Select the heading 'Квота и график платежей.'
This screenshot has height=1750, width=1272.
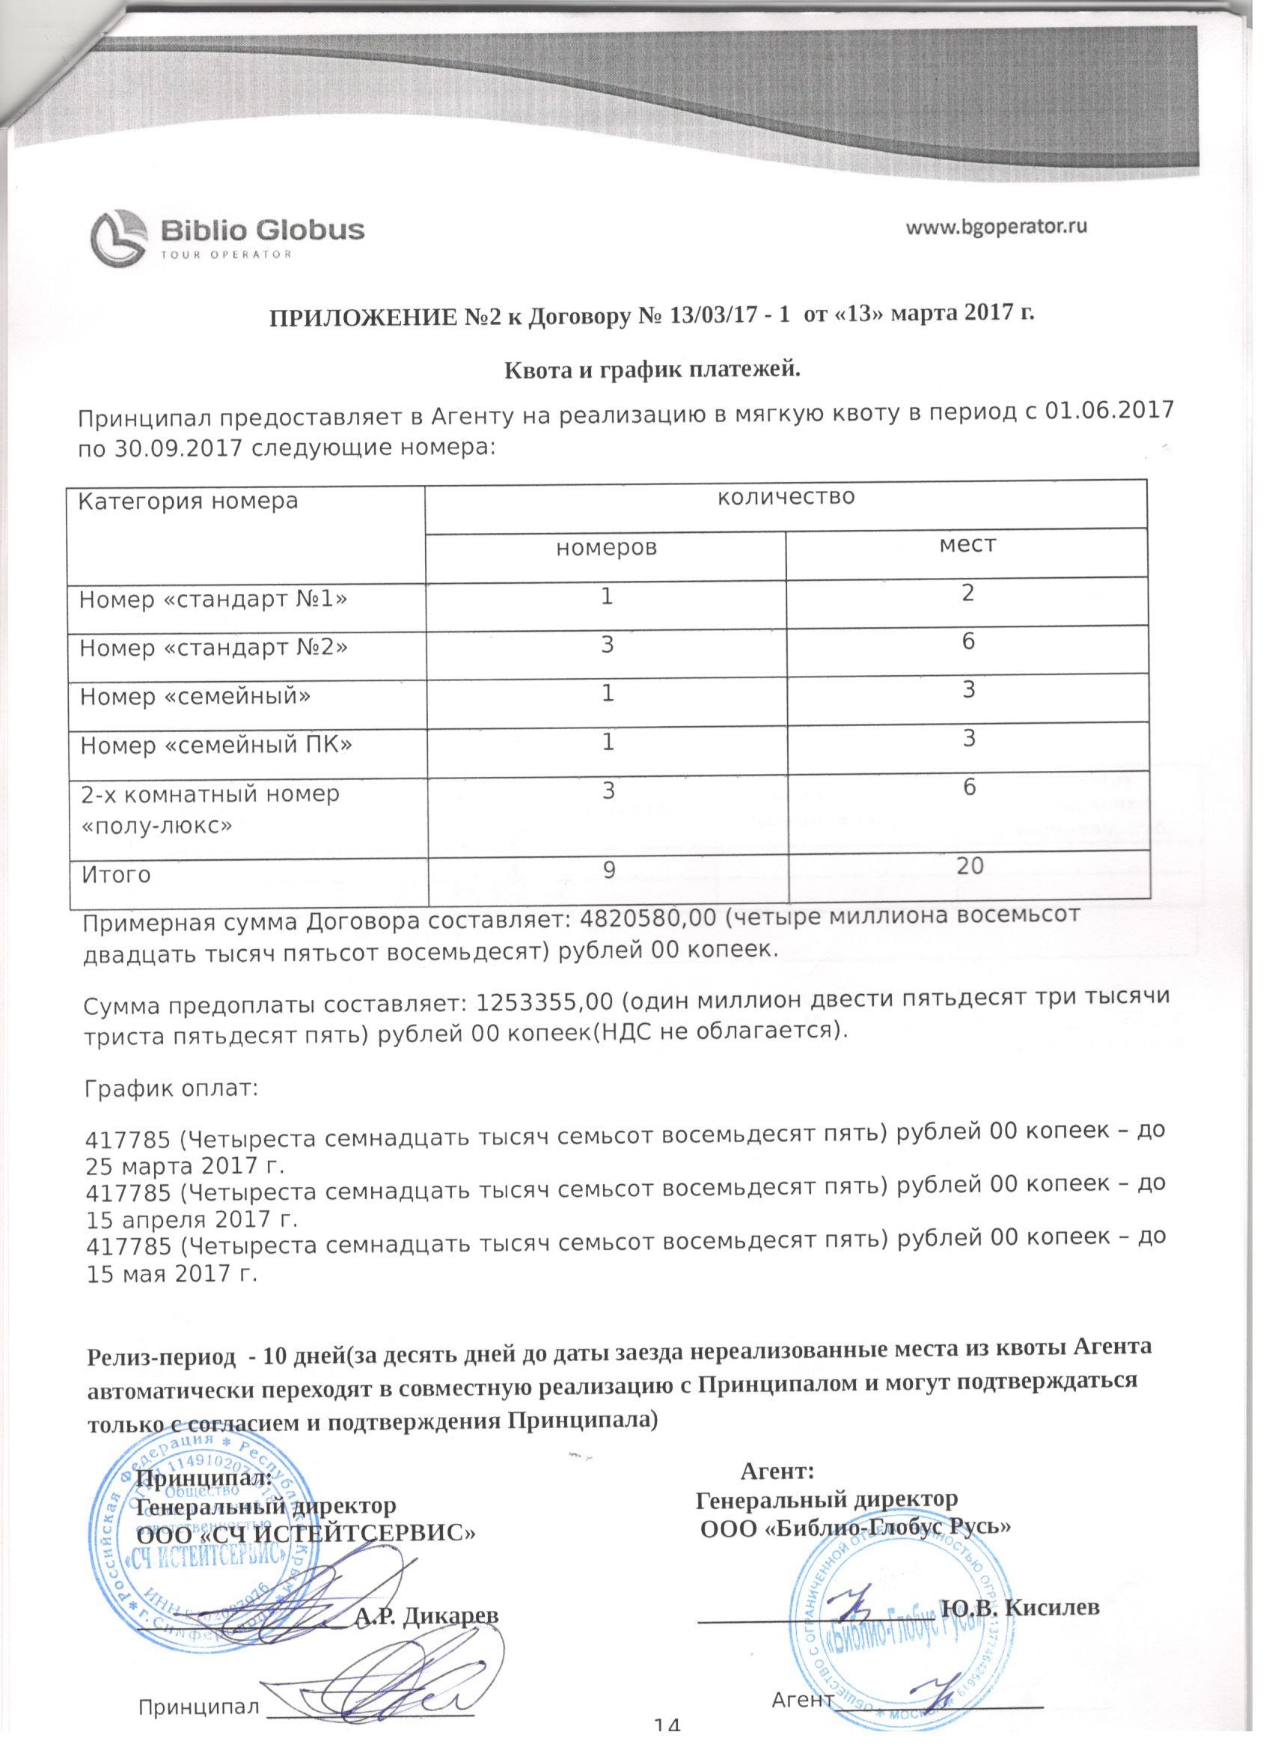(x=652, y=371)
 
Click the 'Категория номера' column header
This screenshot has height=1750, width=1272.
(x=188, y=502)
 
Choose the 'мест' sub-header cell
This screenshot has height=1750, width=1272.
(x=967, y=544)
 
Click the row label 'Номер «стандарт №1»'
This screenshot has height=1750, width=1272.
(x=213, y=599)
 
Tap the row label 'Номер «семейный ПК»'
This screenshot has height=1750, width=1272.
(x=216, y=745)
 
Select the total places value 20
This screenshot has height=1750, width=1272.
(x=970, y=866)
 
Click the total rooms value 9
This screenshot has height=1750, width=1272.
(x=608, y=871)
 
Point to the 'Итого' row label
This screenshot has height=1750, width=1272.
(x=116, y=875)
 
